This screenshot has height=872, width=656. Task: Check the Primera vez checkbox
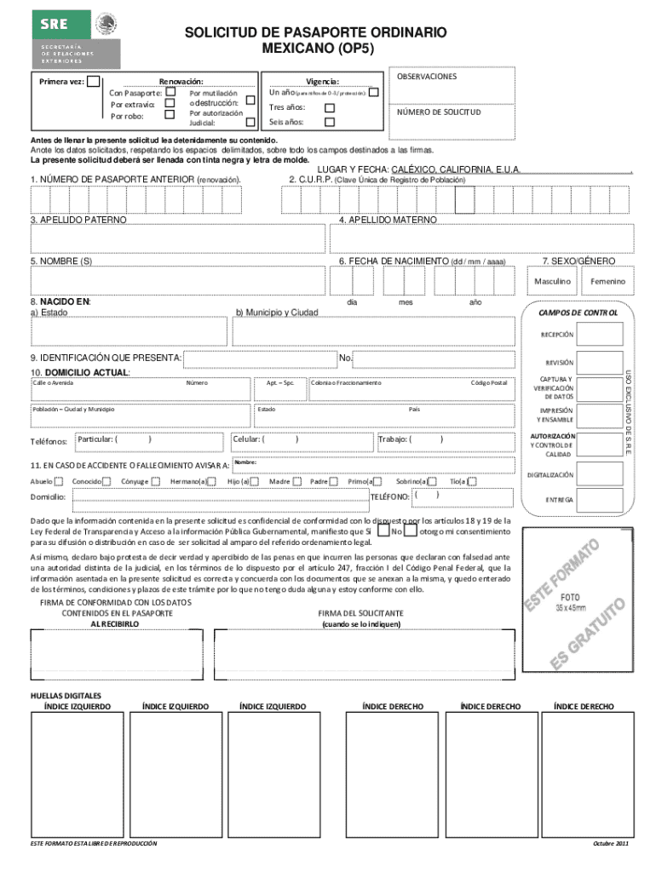coord(93,82)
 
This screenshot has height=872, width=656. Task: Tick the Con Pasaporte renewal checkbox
coord(170,92)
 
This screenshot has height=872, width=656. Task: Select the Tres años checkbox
coord(331,107)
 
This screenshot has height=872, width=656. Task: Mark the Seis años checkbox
coord(331,122)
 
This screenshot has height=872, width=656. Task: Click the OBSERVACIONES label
coord(426,77)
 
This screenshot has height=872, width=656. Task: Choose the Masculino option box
coord(552,281)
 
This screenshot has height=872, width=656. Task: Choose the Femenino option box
coord(607,281)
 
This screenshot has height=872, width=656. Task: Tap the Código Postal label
coord(488,383)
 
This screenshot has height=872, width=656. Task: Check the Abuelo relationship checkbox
coord(59,481)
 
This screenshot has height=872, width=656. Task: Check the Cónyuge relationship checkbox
coord(155,481)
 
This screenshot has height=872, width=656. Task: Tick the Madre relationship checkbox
coord(296,481)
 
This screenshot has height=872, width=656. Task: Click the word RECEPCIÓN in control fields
coord(555,335)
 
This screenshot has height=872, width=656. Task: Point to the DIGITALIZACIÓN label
coord(550,474)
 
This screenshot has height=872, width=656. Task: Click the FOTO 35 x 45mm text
coord(570,602)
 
